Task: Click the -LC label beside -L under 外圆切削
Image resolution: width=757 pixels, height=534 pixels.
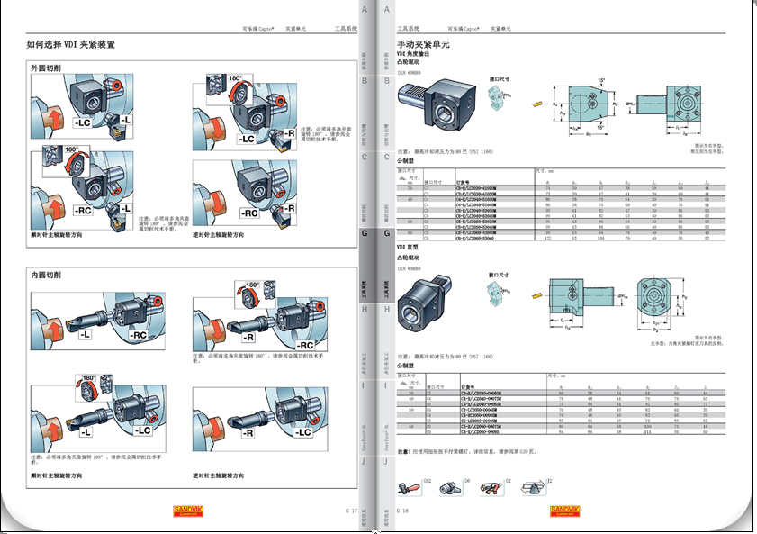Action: pos(82,121)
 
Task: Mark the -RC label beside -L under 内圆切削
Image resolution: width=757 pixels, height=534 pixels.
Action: pos(138,335)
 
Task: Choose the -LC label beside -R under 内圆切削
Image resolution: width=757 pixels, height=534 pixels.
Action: pos(300,432)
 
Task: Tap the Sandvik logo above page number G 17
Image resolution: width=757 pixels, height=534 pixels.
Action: pos(189,511)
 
